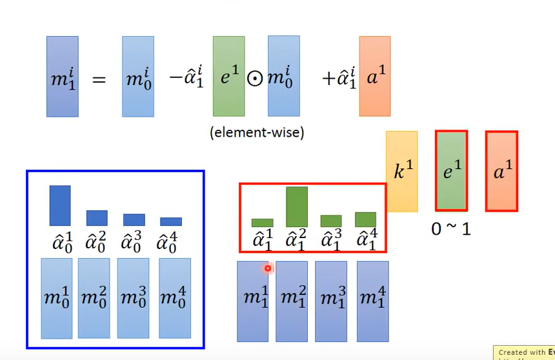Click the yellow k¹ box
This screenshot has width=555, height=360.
point(401,171)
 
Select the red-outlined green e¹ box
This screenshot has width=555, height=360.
point(451,170)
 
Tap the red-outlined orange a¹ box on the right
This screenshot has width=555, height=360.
point(501,171)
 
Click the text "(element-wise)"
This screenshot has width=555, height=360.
point(257,133)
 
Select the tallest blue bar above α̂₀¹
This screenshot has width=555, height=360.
point(60,205)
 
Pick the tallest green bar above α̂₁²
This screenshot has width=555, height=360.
point(297,206)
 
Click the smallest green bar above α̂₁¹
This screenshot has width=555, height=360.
point(262,223)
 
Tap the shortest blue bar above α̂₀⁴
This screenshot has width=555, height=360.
point(171,221)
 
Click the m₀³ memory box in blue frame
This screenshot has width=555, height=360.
point(133,297)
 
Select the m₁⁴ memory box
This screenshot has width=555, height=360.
point(372,301)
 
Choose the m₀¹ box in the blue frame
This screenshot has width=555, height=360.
point(56,298)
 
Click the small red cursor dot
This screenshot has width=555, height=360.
point(268,268)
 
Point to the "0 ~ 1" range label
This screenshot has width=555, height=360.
point(451,228)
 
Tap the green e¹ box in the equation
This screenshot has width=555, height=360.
point(228,76)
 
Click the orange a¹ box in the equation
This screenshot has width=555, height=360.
point(374,76)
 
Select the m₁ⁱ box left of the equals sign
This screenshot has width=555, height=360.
point(63,76)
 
